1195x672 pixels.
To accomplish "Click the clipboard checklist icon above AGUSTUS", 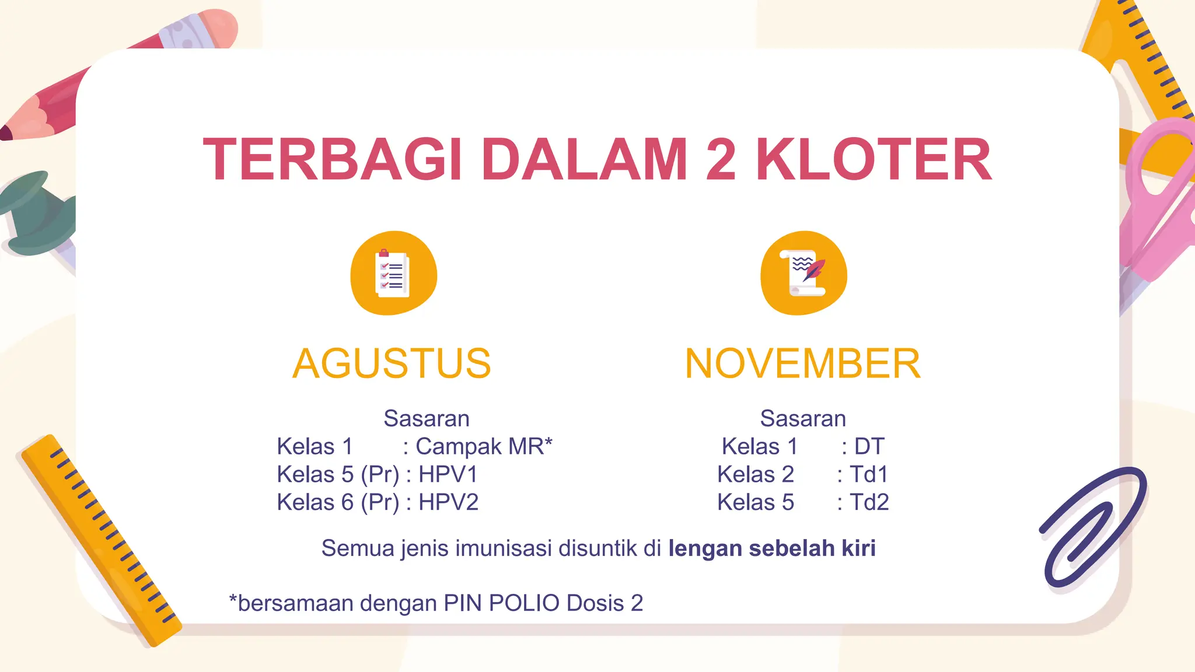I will pos(393,273).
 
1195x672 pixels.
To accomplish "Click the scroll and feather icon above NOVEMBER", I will pos(803,273).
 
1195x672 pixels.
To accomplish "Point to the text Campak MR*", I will pos(484,447).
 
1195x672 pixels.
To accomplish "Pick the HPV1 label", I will pos(448,475).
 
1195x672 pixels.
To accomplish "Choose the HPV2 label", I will pos(448,503).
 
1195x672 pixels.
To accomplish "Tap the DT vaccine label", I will pos(869,447).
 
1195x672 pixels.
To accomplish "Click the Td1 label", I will pos(869,475).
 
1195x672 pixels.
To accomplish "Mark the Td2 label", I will pos(869,503).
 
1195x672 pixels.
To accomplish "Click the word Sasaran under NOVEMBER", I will pos(803,419).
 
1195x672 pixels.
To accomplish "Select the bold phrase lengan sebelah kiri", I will pos(772,549).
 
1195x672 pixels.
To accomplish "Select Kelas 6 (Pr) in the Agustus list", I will pos(338,503).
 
